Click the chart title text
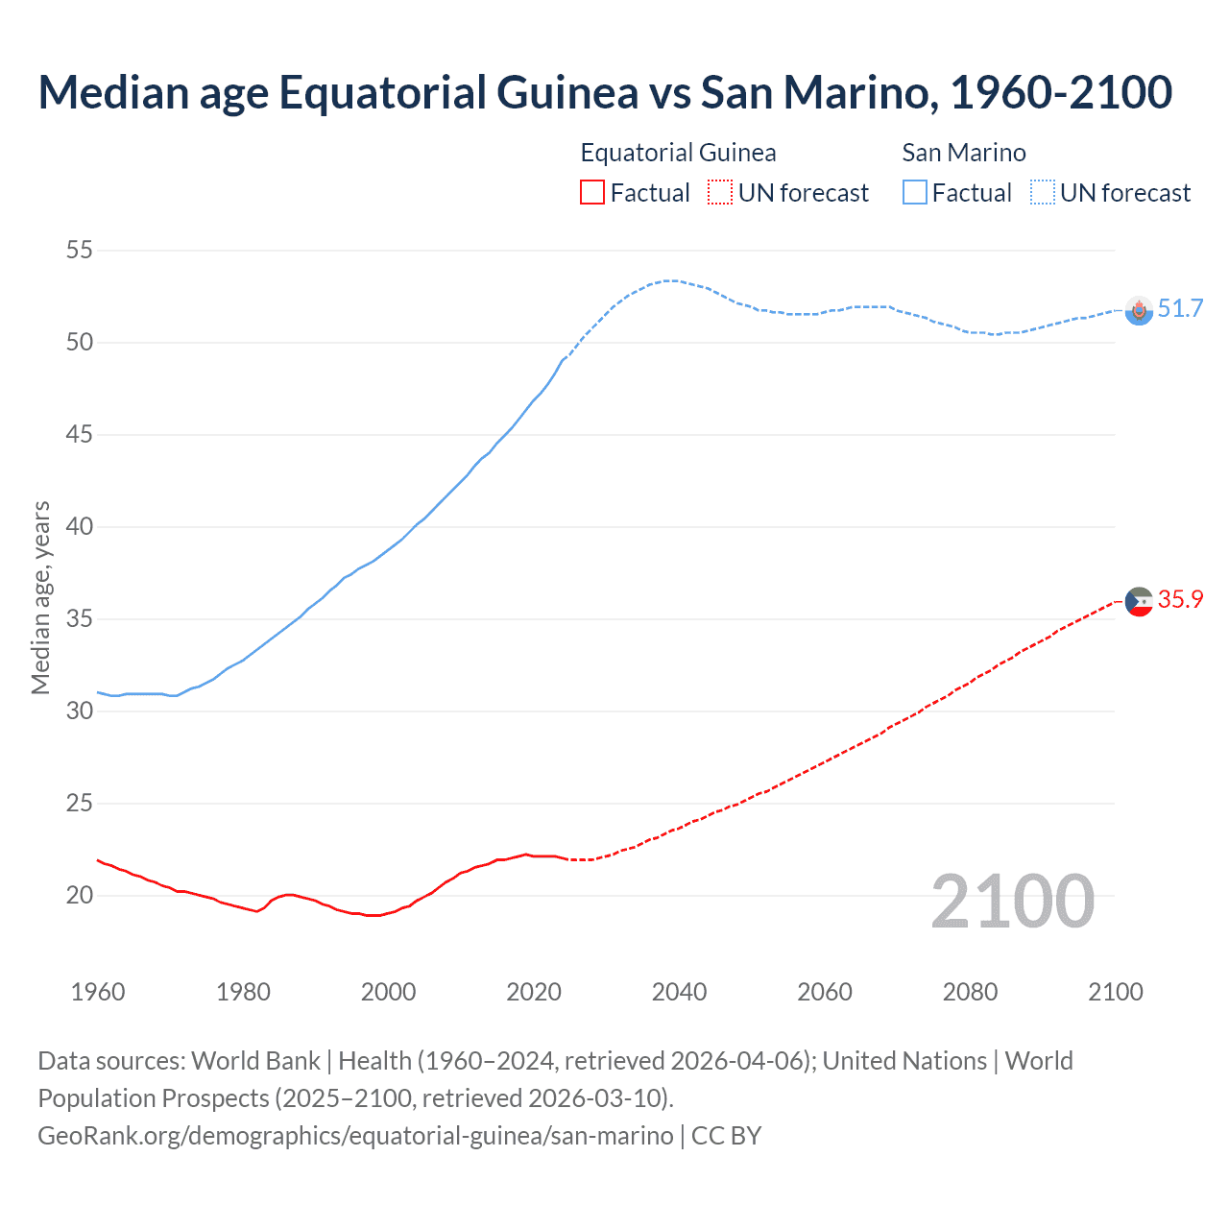(x=605, y=92)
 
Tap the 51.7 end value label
(x=1180, y=308)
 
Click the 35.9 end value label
(x=1180, y=599)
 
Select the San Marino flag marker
(x=1139, y=310)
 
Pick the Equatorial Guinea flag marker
(x=1139, y=602)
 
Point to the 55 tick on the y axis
(x=80, y=251)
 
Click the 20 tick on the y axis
(x=80, y=896)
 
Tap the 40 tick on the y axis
(x=80, y=527)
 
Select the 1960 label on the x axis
(x=98, y=992)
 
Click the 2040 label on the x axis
(x=679, y=992)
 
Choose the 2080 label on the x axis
(x=970, y=992)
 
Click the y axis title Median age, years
(x=40, y=597)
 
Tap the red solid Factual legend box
(x=592, y=193)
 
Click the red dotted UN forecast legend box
(x=720, y=193)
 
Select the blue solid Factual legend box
(x=915, y=193)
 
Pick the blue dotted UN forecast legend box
(x=1043, y=193)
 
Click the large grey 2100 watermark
(x=1012, y=901)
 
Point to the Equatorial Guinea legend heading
(x=678, y=153)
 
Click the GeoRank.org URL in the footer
(x=355, y=1136)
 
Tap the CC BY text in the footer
(x=727, y=1136)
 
